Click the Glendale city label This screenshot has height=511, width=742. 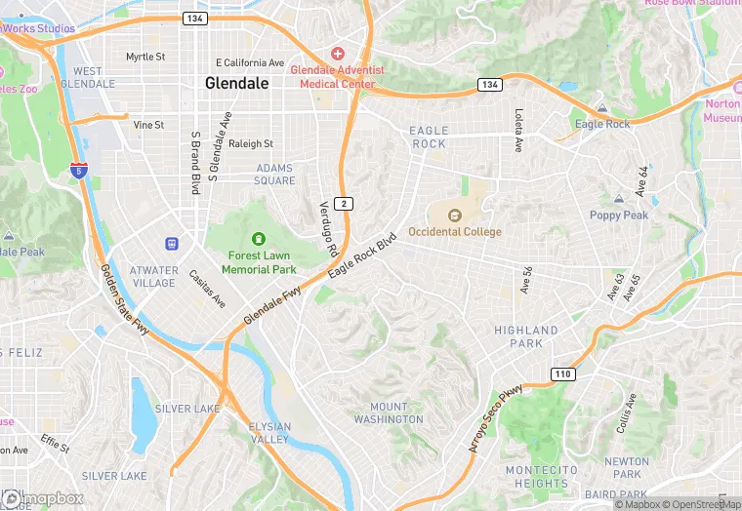click(x=236, y=84)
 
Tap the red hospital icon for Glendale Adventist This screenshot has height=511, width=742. click(x=337, y=53)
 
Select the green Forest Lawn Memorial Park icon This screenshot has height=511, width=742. click(x=259, y=238)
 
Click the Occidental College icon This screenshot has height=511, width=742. click(x=454, y=216)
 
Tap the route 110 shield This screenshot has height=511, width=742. click(x=562, y=373)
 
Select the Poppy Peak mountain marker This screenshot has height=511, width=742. click(x=618, y=199)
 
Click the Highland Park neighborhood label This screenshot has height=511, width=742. click(x=525, y=337)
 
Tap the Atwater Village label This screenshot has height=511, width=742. click(x=154, y=277)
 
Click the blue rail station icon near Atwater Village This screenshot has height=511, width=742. click(x=172, y=242)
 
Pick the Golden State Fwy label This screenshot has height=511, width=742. click(x=124, y=300)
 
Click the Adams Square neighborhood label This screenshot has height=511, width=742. click(x=275, y=175)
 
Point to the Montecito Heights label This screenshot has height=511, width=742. click(x=536, y=477)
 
